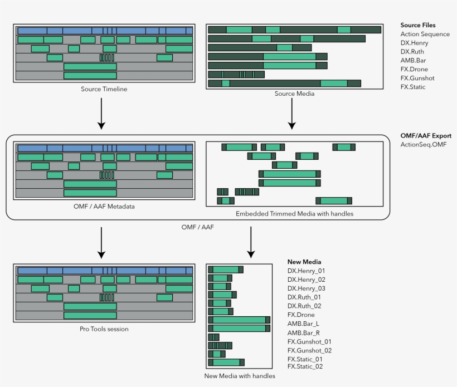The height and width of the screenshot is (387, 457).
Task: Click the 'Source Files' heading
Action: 418,25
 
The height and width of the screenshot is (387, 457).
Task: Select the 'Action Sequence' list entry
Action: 425,34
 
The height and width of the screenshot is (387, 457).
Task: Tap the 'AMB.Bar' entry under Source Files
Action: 414,61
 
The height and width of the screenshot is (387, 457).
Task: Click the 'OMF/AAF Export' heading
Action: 426,135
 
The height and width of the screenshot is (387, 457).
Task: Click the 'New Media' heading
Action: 304,262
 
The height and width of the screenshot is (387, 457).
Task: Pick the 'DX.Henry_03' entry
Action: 306,288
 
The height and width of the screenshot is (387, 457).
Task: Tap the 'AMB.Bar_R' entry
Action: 303,332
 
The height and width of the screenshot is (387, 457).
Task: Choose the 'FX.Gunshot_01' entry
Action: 309,341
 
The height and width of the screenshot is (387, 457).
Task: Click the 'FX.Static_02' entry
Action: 305,366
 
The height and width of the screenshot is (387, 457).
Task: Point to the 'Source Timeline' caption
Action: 104,89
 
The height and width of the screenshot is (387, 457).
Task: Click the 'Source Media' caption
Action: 294,94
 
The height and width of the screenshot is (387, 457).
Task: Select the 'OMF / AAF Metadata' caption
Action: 104,206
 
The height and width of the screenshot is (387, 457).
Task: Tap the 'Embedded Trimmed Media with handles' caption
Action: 294,213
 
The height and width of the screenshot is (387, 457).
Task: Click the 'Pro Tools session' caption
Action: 104,329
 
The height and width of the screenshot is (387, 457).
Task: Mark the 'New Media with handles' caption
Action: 240,376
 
